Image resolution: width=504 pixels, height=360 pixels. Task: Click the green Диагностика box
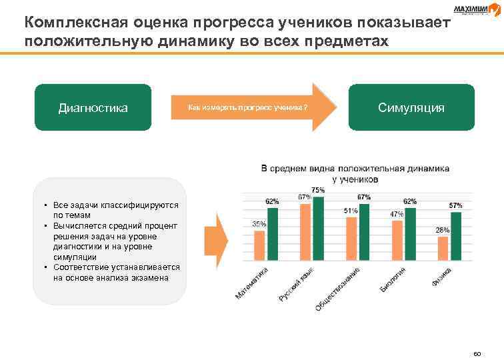tap(93, 107)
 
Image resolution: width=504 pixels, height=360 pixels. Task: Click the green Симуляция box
tap(411, 107)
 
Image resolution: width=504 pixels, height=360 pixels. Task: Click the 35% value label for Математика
tap(259, 225)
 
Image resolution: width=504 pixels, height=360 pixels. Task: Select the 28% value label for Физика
tap(443, 230)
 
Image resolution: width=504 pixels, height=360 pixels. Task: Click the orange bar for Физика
tap(443, 247)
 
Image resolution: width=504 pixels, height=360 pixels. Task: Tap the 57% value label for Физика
tap(456, 205)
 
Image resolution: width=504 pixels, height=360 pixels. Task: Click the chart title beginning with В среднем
tap(355, 174)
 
